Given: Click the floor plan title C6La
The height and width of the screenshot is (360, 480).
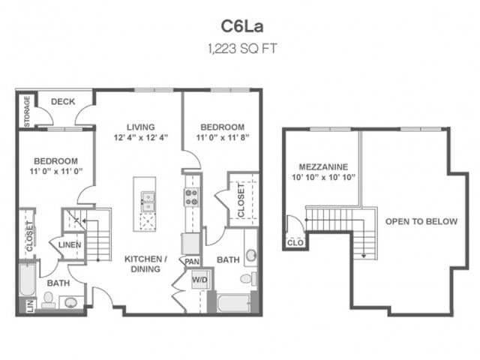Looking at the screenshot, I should click(239, 25).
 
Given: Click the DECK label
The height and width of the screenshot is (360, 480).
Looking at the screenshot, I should click(63, 102).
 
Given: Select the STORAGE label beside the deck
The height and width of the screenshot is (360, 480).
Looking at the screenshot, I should click(27, 110).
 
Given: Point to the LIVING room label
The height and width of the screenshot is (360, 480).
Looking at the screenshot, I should click(140, 127).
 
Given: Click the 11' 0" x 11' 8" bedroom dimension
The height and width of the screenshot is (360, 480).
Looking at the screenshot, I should click(221, 138).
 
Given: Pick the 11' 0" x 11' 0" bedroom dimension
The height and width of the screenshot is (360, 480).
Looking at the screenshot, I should click(56, 172).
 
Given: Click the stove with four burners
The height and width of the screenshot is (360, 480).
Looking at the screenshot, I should click(191, 196).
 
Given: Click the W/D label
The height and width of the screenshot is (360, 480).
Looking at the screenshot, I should click(200, 281).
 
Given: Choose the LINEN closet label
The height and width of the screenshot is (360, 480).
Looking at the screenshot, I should click(69, 244).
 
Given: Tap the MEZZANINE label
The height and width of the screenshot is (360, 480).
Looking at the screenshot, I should click(322, 166).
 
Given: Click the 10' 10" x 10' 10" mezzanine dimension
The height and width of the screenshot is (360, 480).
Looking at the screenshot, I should click(322, 178).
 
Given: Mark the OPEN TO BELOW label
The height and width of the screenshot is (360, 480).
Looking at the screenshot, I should click(412, 222).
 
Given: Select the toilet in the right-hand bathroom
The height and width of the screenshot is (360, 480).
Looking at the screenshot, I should click(245, 279).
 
